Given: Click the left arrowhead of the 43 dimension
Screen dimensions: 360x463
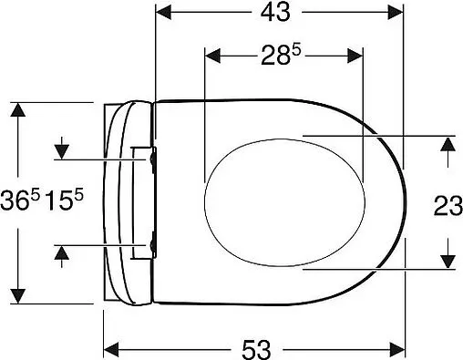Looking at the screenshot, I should pos(163,14).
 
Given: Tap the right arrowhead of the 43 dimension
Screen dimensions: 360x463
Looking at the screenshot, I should pos(396,14).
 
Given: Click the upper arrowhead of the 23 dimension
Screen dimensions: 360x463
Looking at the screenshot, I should pos(448,144).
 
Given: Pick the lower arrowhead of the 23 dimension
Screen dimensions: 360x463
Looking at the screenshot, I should pos(448,262).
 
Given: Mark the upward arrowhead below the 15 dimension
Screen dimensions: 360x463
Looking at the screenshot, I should pos(62,252).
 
